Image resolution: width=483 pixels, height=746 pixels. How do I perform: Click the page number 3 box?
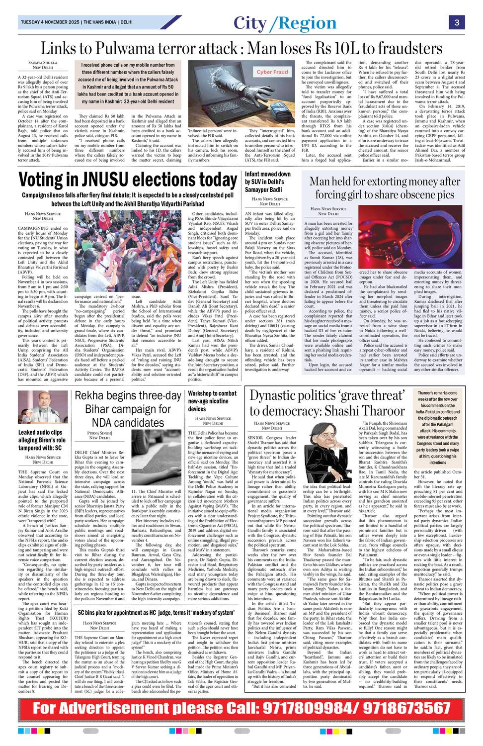[x=456, y=22]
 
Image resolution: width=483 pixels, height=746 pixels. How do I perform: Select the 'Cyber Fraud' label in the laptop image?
[x=272, y=72]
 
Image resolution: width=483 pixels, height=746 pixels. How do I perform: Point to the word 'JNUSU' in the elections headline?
[x=116, y=180]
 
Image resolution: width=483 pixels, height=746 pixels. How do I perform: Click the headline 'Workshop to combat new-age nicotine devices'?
[x=212, y=401]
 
